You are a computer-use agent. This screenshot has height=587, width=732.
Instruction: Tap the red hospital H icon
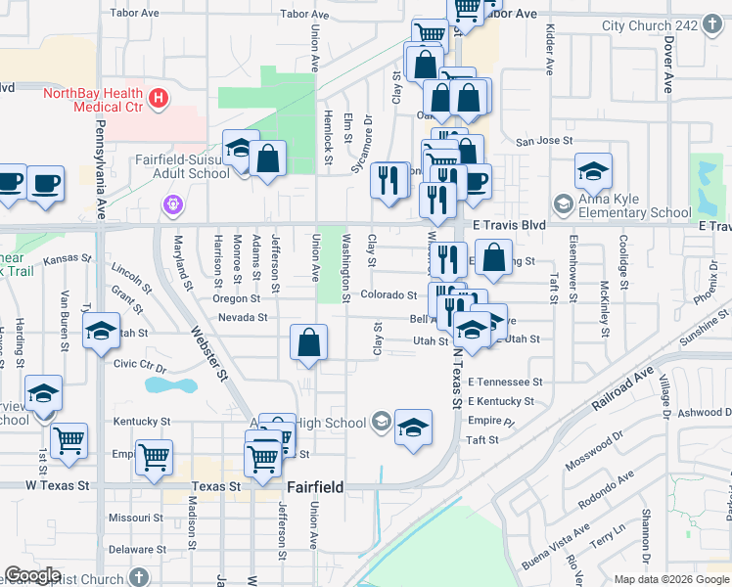[158, 100]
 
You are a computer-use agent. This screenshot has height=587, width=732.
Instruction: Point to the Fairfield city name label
[314, 485]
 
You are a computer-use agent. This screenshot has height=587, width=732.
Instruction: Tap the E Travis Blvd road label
[508, 224]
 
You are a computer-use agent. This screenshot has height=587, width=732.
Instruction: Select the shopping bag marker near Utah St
[309, 343]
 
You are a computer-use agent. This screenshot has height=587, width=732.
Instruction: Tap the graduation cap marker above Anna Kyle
[593, 172]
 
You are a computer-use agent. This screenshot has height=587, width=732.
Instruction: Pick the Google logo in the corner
[31, 575]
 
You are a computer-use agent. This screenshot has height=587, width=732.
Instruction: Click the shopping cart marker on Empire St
[155, 457]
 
